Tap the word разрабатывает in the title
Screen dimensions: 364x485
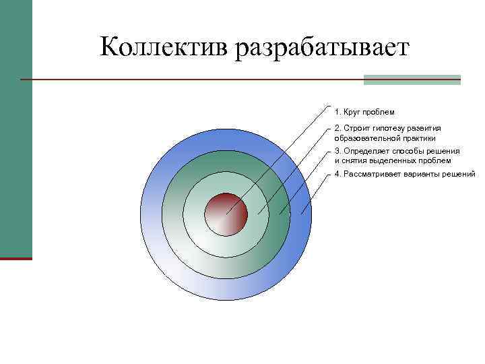tap(322, 48)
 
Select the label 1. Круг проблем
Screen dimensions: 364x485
tap(364, 111)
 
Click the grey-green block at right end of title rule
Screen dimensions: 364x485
tap(412, 80)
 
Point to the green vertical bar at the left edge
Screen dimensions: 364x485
tap(15, 128)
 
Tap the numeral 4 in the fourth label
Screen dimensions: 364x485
tap(337, 174)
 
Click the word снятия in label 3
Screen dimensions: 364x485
tap(354, 161)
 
